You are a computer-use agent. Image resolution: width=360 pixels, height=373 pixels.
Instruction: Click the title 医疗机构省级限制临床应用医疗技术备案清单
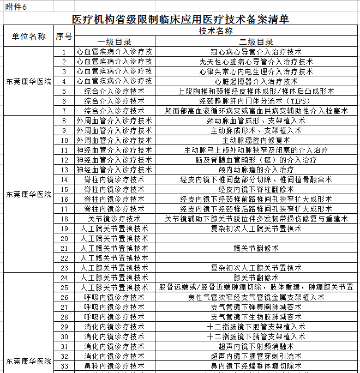181,19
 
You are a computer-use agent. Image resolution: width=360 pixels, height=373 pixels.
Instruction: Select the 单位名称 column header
29,37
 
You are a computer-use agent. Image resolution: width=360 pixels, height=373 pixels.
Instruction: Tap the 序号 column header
64,37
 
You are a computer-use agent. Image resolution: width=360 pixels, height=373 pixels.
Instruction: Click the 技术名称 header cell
216,32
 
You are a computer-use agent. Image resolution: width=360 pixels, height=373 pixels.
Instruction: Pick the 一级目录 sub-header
114,42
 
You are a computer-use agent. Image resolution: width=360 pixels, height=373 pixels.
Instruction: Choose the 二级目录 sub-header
256,42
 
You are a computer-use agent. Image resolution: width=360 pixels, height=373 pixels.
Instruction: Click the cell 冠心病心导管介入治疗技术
256,52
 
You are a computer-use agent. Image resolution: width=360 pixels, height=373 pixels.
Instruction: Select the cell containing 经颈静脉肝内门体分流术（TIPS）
256,101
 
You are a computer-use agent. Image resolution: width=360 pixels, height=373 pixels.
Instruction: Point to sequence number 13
64,170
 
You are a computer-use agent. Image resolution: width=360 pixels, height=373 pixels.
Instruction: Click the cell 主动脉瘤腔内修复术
256,140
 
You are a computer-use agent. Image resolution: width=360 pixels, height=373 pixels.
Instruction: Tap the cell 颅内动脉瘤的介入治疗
256,170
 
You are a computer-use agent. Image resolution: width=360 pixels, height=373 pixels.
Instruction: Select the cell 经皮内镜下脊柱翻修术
256,189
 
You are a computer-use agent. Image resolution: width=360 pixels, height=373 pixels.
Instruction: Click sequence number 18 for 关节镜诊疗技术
64,219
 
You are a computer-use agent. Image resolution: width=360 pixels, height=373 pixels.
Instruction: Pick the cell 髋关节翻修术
256,248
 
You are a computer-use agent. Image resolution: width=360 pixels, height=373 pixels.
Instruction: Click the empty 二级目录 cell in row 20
256,238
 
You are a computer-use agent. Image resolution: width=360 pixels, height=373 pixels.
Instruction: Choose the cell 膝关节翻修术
256,278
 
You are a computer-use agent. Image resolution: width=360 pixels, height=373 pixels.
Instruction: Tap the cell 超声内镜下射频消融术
256,346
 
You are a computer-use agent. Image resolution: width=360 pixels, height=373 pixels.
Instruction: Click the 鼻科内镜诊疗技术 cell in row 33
114,366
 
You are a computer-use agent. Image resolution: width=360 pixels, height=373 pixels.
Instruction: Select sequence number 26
64,297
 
